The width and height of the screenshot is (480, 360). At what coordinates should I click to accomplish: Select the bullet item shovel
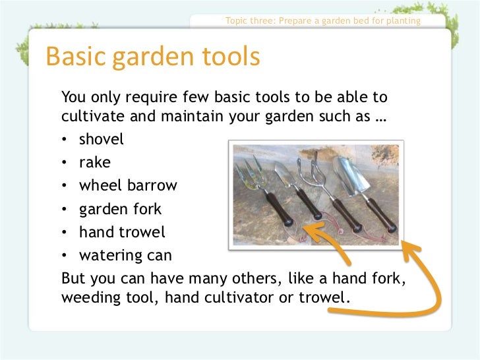tap(101, 140)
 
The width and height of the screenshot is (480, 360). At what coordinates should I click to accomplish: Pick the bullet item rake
tap(95, 162)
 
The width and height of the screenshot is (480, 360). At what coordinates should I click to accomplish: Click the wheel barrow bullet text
tap(128, 185)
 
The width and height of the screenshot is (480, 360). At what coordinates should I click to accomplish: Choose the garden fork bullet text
tap(120, 210)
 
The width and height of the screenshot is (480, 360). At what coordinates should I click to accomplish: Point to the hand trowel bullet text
tap(122, 232)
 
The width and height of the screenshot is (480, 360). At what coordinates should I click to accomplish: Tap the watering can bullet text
tap(125, 255)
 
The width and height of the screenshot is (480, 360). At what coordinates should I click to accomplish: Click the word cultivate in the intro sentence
tap(91, 118)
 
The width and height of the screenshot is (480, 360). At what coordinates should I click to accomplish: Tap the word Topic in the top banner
tap(237, 20)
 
